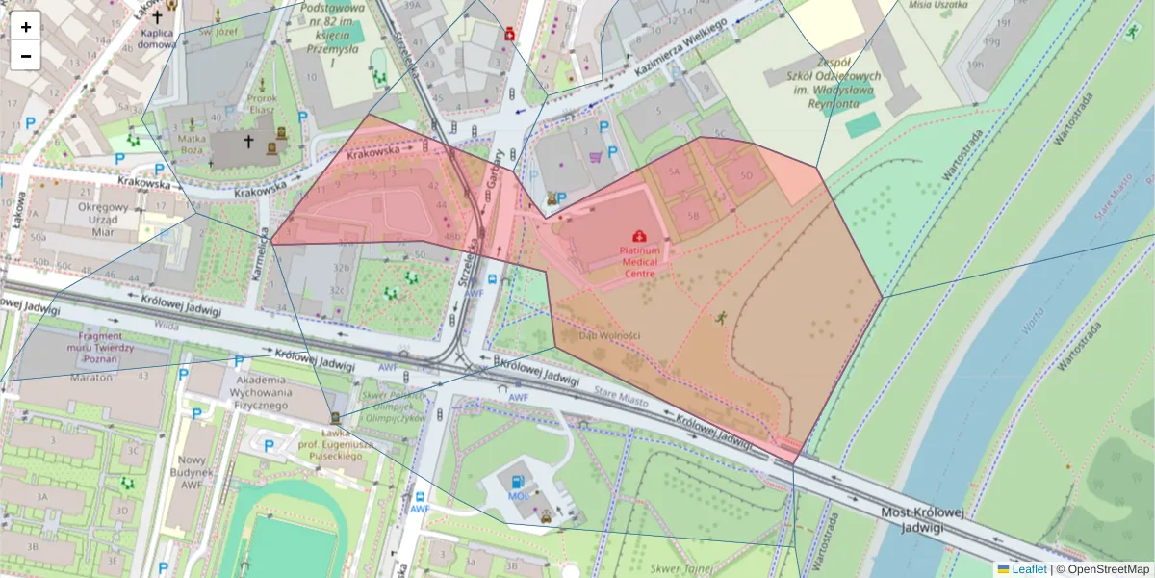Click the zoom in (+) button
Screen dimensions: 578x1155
(26, 27)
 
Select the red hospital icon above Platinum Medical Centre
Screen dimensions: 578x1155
(639, 236)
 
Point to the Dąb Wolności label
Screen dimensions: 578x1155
(609, 335)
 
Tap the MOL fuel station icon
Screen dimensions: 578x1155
(518, 481)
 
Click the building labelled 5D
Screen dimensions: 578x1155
(747, 176)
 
